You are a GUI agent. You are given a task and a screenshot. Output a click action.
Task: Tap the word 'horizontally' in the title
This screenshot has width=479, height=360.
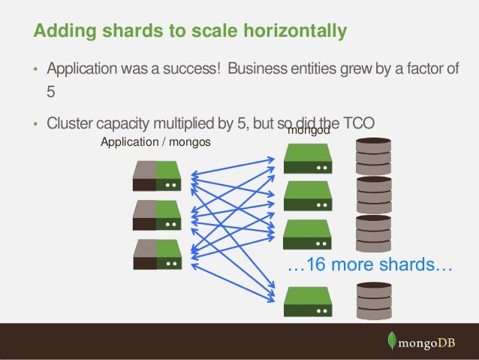(297, 32)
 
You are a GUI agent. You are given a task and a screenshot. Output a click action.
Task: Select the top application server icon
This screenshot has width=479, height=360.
(157, 175)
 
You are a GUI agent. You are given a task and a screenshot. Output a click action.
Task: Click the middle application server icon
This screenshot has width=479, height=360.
(157, 215)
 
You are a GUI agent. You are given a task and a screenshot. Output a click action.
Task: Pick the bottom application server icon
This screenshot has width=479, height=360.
(157, 255)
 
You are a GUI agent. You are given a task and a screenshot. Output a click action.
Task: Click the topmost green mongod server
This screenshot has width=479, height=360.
(307, 158)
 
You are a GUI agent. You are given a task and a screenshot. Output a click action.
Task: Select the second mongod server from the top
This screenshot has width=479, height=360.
(307, 195)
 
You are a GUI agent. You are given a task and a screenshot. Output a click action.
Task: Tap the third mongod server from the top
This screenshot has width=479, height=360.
(307, 234)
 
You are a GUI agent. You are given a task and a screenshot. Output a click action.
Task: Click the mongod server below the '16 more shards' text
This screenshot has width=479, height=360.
(307, 301)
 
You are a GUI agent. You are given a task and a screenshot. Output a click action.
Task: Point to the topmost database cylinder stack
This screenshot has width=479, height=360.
(374, 154)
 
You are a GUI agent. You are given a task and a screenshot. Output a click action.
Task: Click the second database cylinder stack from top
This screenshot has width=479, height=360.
(374, 195)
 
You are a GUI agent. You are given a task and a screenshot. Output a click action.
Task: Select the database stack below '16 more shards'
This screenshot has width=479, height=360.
(374, 298)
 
